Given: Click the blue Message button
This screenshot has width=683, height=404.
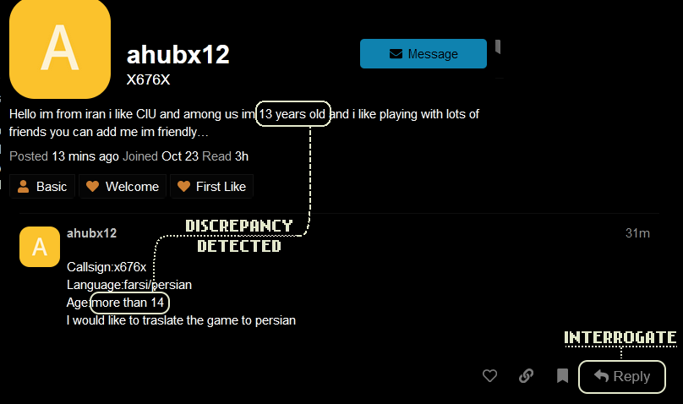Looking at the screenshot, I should pos(423,53).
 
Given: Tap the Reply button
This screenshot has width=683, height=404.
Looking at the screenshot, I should pos(621,376).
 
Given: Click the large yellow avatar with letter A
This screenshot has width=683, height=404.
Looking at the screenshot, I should pos(60,48).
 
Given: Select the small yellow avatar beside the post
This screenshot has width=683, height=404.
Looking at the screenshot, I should pos(39,247).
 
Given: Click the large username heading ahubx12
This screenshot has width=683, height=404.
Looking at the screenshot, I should pos(178,55).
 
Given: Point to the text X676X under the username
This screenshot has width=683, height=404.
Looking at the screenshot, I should pos(148,80).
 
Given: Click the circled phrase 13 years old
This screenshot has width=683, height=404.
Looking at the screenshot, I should pos(292,113).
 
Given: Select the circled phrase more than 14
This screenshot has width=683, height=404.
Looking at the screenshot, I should pos(129,303).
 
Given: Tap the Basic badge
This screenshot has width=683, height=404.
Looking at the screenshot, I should pos(42,186).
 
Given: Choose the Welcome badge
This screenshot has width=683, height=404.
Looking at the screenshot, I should pos(123,186).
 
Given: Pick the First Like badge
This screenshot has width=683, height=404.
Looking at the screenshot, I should pos(211,186).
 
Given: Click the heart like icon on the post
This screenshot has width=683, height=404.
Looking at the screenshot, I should pos(489,376).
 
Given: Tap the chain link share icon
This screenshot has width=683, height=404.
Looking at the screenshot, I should pos(526,376).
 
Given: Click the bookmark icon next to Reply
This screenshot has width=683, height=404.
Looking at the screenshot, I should pos(562,376).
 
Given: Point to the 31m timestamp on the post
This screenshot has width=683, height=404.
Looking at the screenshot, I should pos(637,233).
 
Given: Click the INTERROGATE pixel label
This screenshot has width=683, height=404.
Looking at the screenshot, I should pos(620,338).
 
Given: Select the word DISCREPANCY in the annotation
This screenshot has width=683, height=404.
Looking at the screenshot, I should pos(238,227).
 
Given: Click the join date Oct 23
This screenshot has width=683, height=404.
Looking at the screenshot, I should pos(179,156).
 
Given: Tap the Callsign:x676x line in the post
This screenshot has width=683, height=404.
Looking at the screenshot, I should pos(107,267).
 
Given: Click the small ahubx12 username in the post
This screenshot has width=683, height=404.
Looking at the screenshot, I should pos(91,233).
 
